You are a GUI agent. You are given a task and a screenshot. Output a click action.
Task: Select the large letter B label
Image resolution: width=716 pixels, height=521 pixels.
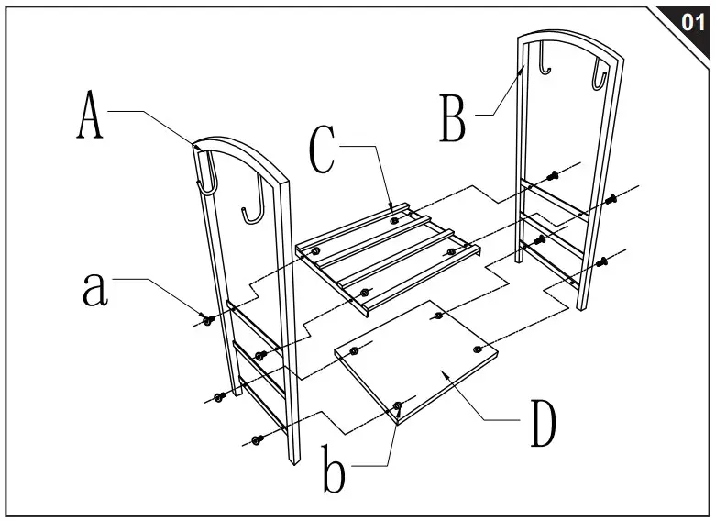pos(453,117)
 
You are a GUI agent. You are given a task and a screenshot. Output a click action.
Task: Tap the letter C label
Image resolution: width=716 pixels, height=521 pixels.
pos(322,149)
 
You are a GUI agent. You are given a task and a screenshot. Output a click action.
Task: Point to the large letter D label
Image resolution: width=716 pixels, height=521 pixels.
pos(544,423)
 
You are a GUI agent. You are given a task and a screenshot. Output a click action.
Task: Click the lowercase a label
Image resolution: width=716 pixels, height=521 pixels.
pos(95,289)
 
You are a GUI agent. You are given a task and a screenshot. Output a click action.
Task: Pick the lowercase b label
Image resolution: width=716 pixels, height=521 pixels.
pos(334,469)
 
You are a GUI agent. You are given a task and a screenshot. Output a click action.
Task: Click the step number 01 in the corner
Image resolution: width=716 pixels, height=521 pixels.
pos(692,21)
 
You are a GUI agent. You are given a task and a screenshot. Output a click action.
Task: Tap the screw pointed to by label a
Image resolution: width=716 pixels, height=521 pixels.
pos(208,319)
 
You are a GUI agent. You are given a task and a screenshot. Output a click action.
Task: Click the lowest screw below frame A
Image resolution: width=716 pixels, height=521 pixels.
pos(258,440)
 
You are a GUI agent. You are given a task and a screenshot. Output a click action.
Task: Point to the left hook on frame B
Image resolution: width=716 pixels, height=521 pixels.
pos(544,60)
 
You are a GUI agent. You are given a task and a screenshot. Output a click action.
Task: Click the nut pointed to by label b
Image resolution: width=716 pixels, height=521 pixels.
pos(398,405)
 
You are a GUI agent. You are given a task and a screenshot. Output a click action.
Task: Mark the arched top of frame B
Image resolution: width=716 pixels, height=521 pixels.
pos(570,40)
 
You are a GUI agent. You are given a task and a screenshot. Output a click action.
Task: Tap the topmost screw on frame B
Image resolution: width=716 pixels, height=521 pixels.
pos(554,175)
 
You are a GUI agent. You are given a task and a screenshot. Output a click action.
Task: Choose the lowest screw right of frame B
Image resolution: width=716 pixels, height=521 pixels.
pos(601,262)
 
